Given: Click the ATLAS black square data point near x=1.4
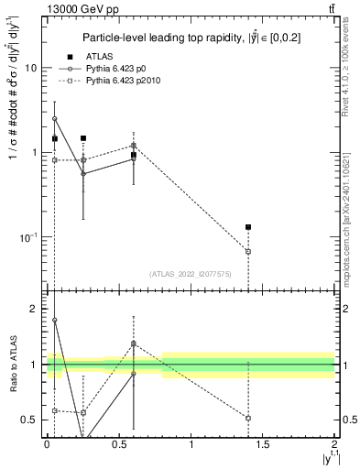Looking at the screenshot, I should point(248,227).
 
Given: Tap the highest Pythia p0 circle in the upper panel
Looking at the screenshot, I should point(55,118).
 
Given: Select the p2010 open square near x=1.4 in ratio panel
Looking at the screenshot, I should point(248,418).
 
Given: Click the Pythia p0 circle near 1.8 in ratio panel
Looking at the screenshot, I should point(55,321).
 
